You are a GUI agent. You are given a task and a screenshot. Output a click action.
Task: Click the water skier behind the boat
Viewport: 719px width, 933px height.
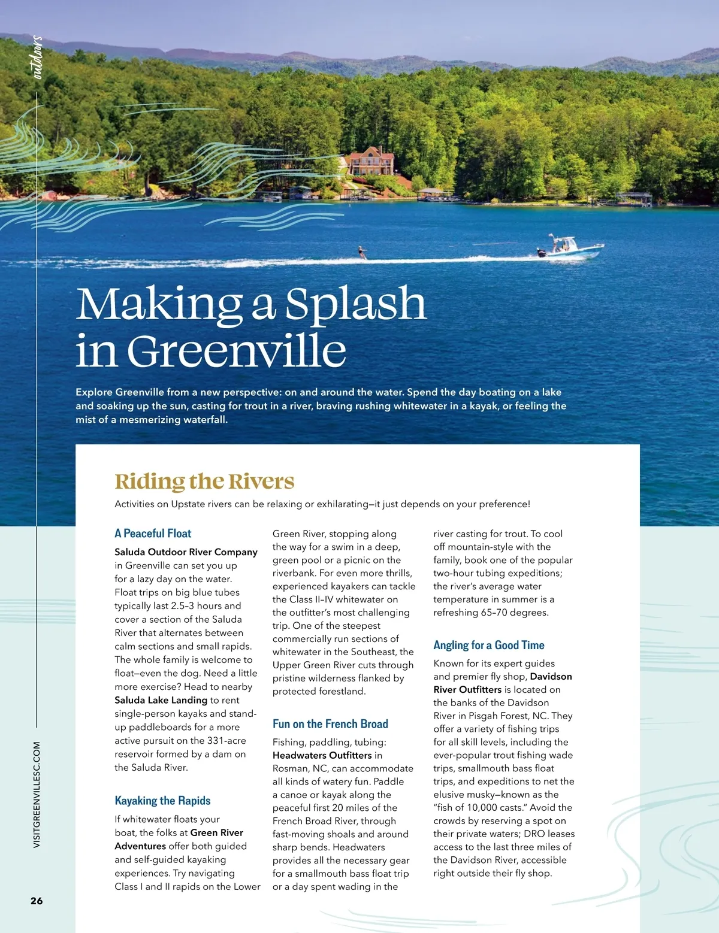(361, 253)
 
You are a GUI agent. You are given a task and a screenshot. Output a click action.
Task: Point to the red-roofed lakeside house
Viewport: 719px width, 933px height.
(371, 161)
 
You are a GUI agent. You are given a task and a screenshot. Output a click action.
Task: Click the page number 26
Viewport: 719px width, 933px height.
(37, 901)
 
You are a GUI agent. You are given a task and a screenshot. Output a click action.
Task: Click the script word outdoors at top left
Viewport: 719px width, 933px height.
(37, 57)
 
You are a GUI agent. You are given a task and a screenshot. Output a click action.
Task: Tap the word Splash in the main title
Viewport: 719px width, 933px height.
(355, 304)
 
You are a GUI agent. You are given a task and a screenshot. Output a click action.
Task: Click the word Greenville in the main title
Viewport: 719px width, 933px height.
(237, 351)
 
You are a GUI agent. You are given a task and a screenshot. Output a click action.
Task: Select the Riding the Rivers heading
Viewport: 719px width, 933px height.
(204, 481)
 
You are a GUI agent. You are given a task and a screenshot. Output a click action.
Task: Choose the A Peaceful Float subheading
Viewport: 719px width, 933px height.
(153, 534)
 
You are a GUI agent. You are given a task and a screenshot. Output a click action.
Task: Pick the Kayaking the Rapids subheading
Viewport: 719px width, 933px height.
(162, 801)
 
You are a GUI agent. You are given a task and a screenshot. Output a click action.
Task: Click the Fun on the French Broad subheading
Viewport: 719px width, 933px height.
(330, 724)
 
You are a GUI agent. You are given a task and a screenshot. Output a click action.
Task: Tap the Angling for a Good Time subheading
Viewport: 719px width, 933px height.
(489, 645)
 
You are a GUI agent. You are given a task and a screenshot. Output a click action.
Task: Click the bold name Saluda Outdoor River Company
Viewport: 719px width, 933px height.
(186, 552)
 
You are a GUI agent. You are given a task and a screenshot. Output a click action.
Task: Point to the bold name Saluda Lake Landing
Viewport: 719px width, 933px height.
(161, 700)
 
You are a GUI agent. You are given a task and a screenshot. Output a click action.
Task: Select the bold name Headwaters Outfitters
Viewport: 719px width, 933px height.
(322, 756)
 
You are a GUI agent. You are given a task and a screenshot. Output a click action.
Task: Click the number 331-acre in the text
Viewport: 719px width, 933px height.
(226, 741)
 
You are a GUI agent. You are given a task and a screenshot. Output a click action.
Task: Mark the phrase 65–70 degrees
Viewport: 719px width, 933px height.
(515, 613)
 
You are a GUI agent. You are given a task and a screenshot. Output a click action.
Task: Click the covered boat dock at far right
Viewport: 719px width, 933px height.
(633, 198)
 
